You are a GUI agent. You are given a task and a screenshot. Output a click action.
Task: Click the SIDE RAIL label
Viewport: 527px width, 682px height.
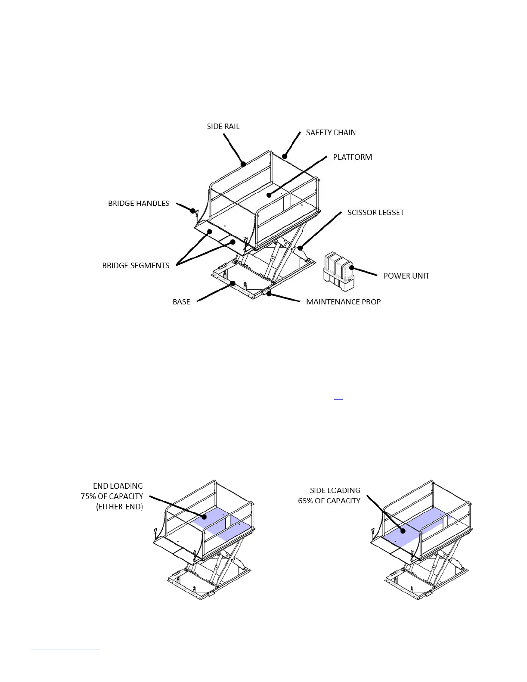point(223,126)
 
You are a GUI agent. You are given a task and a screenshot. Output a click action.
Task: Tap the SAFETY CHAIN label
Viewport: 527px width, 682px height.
point(331,133)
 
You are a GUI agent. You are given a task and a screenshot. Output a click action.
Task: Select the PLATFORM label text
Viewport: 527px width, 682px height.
point(352,157)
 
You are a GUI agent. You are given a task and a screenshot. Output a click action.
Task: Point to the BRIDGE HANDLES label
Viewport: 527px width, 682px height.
point(139,203)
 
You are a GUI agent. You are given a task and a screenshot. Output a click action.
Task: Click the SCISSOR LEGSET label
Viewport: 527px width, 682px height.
point(375,212)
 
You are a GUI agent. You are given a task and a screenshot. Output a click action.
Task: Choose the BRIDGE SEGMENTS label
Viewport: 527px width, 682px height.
point(136,266)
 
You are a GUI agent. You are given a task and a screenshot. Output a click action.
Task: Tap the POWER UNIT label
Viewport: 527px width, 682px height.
point(406,276)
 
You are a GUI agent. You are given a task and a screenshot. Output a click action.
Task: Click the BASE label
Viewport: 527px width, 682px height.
point(181,302)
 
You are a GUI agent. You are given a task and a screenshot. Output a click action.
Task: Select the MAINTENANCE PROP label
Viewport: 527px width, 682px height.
point(343,302)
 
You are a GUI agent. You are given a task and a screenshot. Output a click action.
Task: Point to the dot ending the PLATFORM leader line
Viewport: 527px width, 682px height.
point(269,195)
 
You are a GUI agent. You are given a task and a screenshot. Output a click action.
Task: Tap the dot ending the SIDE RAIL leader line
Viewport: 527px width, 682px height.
point(243,164)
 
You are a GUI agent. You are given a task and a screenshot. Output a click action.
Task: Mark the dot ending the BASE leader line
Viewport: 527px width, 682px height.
point(232,283)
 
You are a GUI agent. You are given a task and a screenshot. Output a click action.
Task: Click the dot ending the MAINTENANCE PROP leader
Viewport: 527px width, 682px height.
point(269,294)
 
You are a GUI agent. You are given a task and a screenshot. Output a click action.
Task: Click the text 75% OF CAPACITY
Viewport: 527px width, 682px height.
point(112,496)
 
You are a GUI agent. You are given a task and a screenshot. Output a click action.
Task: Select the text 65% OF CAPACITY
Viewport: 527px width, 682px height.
point(329,501)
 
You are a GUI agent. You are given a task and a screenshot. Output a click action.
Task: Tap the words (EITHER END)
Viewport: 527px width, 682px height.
point(119,507)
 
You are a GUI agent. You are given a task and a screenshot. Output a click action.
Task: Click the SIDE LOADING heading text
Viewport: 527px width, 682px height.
point(335,490)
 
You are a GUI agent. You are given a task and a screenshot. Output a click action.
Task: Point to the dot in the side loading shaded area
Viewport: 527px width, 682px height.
point(403,531)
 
